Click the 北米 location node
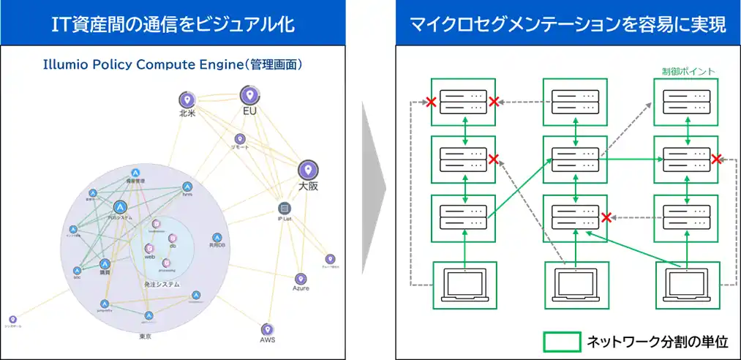[187, 100]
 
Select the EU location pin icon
[250, 95]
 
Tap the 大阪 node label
[308, 187]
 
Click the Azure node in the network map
[300, 280]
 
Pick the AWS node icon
[267, 330]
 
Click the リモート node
[239, 139]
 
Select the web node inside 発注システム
[149, 249]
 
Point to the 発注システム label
[162, 284]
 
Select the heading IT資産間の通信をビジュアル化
[173, 24]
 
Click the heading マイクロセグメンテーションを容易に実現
[567, 24]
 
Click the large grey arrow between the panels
[374, 198]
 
